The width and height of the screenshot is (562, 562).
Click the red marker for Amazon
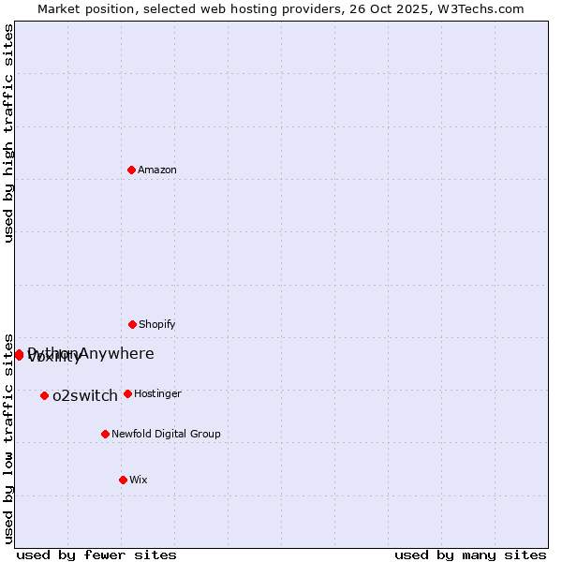(x=131, y=170)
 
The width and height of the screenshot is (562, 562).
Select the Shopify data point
(x=132, y=324)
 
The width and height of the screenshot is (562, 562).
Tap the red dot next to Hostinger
(x=127, y=393)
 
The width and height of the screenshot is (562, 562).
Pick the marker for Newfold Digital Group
(x=105, y=434)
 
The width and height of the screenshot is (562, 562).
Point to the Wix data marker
(x=123, y=480)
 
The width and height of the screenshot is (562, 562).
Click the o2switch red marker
(x=44, y=395)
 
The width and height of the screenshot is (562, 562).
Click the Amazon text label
(x=157, y=170)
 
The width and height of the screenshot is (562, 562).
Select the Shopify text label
(x=157, y=325)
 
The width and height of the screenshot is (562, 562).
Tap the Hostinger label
(x=157, y=394)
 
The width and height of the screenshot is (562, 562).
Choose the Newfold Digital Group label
(x=166, y=435)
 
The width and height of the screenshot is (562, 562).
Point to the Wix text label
(x=139, y=481)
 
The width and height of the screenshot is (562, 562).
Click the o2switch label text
(x=85, y=396)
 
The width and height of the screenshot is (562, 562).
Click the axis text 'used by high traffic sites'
(x=9, y=133)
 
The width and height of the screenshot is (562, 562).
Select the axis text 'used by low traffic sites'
(x=9, y=436)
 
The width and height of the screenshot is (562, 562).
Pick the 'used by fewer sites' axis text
(x=96, y=555)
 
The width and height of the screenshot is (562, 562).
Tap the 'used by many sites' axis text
(x=470, y=555)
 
